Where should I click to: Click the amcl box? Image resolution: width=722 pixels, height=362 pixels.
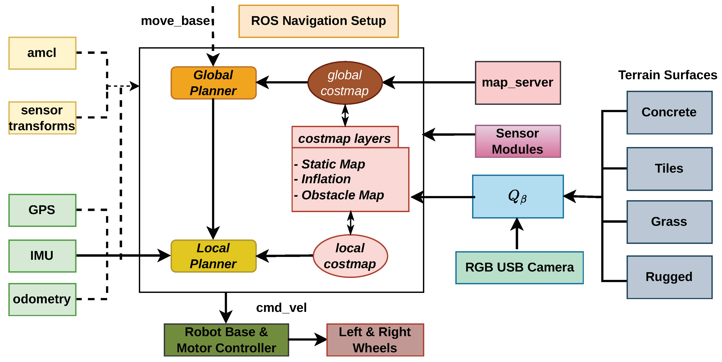[42, 53]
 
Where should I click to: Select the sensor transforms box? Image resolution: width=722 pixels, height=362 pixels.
[42, 118]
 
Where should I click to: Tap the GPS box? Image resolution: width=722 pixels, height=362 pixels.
[42, 210]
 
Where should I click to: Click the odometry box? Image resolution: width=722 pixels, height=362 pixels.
[42, 299]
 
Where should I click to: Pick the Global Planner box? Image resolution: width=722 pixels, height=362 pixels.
[214, 83]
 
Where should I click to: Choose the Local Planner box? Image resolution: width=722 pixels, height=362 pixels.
[214, 256]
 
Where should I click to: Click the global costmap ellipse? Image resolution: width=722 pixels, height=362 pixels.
[345, 83]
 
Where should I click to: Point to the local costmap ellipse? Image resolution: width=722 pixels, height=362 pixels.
[350, 256]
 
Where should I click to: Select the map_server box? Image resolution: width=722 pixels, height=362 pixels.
[518, 83]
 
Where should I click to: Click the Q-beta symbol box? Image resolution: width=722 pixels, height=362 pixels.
[518, 196]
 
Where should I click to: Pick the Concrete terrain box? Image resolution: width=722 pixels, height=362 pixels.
[669, 113]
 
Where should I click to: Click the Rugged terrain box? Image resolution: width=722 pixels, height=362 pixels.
[669, 277]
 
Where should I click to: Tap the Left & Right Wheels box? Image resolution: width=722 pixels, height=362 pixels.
[375, 340]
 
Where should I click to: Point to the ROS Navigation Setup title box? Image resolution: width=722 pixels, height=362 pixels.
[318, 21]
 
